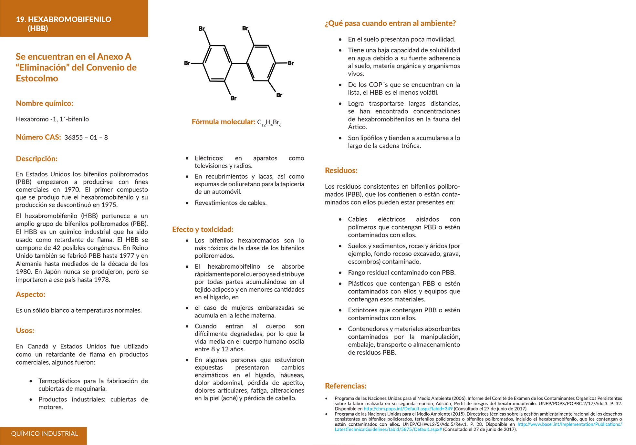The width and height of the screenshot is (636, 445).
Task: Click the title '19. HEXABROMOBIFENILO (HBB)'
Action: tap(63, 24)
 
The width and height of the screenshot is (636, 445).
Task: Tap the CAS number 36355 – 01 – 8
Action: tap(86, 138)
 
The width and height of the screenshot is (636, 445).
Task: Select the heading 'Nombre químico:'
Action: tap(45, 103)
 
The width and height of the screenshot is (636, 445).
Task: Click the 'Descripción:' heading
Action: tap(36, 159)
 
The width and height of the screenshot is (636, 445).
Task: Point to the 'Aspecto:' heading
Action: tap(30, 294)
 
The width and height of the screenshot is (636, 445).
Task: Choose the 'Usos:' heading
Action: tap(25, 330)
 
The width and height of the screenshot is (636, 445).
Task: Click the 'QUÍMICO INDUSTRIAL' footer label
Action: tap(45, 434)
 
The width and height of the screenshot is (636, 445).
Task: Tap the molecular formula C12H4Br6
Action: tap(269, 122)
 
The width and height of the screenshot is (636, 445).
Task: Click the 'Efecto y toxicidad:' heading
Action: tap(203, 229)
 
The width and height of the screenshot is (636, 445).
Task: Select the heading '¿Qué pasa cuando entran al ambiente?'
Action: tap(390, 23)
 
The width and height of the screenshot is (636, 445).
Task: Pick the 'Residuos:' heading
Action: tap(341, 171)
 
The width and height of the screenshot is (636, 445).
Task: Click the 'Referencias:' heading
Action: tap(346, 386)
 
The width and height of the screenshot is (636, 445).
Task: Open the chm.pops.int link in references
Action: tap(408, 409)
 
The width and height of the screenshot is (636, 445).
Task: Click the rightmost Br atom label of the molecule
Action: tap(291, 63)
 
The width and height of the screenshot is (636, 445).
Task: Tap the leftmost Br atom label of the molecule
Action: tap(187, 63)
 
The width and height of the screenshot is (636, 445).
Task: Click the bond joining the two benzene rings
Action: tap(239, 63)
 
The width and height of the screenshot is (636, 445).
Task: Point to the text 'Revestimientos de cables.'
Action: tap(231, 203)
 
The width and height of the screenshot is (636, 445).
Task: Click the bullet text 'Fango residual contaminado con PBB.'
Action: tap(401, 273)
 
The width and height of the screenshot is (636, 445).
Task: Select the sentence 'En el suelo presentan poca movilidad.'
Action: tap(401, 39)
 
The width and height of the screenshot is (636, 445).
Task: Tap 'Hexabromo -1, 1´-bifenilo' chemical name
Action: tap(52, 119)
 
